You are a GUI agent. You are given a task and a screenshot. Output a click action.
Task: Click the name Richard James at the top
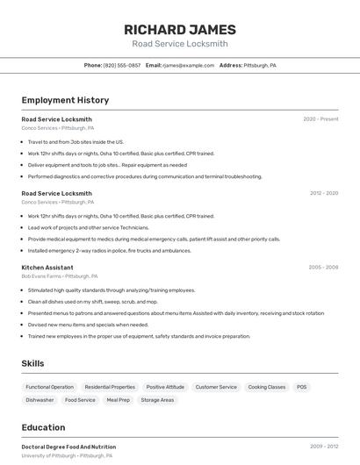click(180, 28)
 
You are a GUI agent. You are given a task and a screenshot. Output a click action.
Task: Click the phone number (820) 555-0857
click(121, 65)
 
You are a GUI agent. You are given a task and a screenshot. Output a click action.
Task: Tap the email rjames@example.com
click(187, 65)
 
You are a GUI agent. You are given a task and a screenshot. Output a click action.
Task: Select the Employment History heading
click(65, 100)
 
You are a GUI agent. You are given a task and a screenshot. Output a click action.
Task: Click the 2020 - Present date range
click(320, 119)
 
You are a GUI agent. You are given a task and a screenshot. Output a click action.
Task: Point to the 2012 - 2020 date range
click(323, 193)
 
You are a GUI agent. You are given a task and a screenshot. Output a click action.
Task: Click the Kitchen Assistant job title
click(47, 268)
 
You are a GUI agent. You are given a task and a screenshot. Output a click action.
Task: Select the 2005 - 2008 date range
click(323, 268)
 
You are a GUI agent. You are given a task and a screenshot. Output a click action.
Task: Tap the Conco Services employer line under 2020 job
click(58, 128)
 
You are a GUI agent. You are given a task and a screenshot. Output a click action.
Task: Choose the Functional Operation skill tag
click(50, 387)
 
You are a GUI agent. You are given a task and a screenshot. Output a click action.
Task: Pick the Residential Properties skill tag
click(110, 387)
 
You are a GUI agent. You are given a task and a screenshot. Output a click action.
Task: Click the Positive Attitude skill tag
click(165, 387)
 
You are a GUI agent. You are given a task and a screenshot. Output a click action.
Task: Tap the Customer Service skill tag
click(216, 387)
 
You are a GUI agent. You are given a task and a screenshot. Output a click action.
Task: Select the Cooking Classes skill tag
click(267, 387)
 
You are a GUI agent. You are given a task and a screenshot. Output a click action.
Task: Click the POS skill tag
click(301, 387)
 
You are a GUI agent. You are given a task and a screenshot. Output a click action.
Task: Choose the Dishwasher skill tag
click(40, 400)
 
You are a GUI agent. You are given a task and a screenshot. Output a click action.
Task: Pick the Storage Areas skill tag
click(157, 400)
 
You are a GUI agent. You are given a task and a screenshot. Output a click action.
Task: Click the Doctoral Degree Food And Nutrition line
click(68, 447)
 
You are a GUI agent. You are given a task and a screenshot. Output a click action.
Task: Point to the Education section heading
click(43, 427)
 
